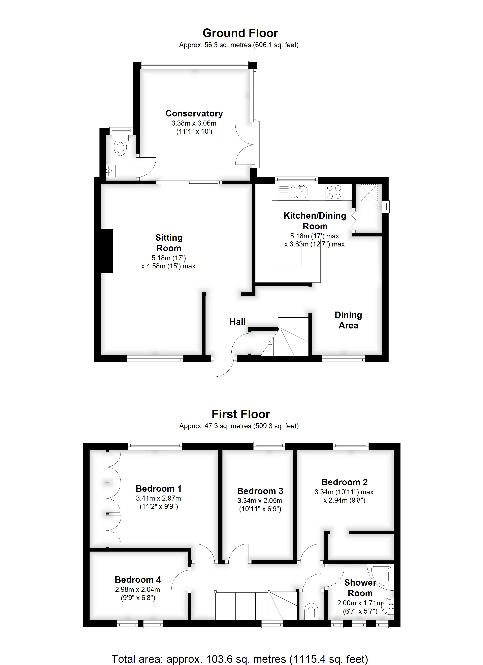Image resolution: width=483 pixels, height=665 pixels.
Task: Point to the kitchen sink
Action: tap(302, 192)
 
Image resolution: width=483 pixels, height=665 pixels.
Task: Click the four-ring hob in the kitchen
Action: tap(334, 192)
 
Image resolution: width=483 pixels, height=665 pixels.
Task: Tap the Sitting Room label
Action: tap(169, 243)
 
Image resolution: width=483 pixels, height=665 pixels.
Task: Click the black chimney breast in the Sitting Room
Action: tap(107, 251)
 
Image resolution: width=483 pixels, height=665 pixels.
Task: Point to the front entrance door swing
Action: tap(224, 367)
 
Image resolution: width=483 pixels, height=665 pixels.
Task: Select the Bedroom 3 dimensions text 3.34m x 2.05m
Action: tap(260, 501)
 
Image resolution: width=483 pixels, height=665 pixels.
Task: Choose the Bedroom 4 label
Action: tap(138, 580)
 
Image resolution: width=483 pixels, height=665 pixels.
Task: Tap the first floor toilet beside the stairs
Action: tap(311, 612)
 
